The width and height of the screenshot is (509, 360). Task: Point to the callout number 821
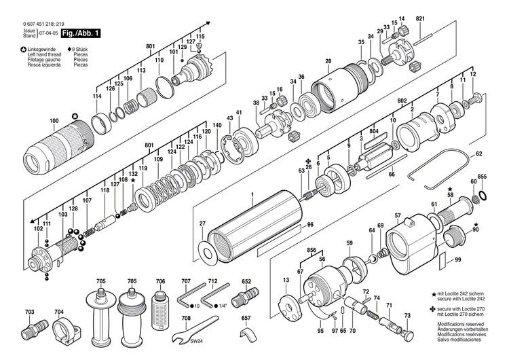[420, 17]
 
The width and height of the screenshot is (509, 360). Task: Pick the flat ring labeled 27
[210, 251]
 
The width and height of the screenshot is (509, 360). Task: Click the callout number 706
[160, 281]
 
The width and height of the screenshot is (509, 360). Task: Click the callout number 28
[328, 62]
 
